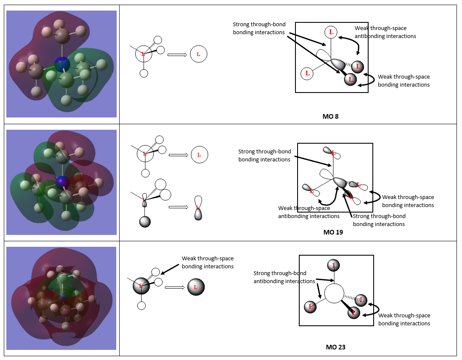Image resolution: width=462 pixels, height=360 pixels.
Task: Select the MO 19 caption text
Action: coord(333,232)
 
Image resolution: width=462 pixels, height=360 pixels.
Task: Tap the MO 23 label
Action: coord(336,347)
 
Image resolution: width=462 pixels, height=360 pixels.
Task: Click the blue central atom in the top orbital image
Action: coord(62,64)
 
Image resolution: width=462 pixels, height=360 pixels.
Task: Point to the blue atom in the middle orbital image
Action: coord(63,183)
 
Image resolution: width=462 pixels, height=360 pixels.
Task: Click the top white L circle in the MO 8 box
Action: coord(331,32)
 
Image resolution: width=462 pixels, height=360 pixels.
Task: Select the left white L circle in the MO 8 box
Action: coord(307,73)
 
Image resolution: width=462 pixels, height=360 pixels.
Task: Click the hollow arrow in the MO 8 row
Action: coord(177,55)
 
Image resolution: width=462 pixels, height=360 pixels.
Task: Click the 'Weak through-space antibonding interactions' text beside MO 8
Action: coord(385,32)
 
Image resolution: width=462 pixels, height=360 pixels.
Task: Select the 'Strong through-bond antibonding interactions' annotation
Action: coord(284,277)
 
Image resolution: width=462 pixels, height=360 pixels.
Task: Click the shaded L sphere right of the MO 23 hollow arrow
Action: coord(196,287)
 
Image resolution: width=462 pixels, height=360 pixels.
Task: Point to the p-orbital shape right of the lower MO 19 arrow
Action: coord(198,208)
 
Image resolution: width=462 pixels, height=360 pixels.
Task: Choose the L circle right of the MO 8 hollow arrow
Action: coord(198,54)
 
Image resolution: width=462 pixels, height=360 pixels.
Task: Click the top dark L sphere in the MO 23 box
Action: coord(334,266)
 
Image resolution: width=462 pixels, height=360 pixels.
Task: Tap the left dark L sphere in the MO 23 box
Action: coord(311,307)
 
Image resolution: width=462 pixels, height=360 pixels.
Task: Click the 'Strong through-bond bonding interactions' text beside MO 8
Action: coord(259,29)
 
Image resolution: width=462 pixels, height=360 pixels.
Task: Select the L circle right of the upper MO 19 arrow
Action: coord(199,155)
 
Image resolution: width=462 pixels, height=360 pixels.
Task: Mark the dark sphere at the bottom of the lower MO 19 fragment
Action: coord(145,221)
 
